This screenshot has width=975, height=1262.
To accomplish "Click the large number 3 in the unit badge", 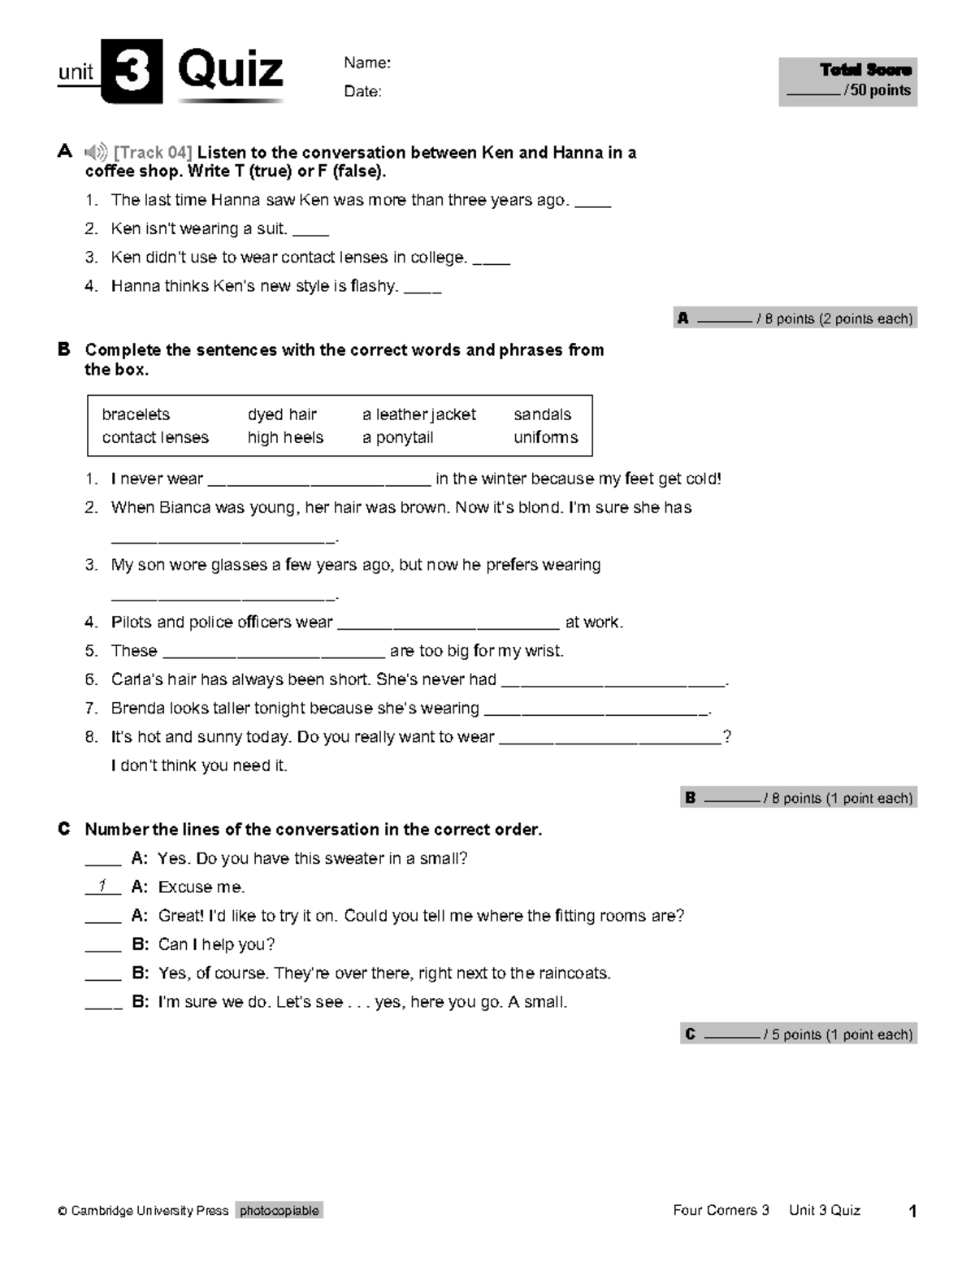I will pos(132,72).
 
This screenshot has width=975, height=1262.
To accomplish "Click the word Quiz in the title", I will pos(230,70).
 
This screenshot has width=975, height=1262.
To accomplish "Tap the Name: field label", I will pos(367,63).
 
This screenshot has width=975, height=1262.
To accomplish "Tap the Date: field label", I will pos(362,91).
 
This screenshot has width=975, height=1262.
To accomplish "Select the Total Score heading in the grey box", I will pos(865,70).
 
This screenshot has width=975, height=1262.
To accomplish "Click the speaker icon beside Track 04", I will pos(96,152).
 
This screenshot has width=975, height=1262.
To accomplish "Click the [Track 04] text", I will pos(153,153).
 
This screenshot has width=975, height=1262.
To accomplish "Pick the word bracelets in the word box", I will pos(136,414).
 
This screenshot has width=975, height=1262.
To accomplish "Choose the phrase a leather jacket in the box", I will pos(418,414).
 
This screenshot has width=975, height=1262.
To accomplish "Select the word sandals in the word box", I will pos(542,414).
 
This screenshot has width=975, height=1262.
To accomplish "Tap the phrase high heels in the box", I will pos(285,437).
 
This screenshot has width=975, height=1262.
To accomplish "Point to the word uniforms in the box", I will pos(545,437).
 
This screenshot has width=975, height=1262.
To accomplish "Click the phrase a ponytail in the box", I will pos(397,437).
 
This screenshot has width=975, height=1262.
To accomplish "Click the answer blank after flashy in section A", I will pos(422,288).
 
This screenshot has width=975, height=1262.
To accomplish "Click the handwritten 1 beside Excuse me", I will pos(102,886).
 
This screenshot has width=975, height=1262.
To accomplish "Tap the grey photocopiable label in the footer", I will pos(279,1210).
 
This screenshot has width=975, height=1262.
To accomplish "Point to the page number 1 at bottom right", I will pos(912,1212).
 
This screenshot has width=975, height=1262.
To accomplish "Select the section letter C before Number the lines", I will pos(64,829).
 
